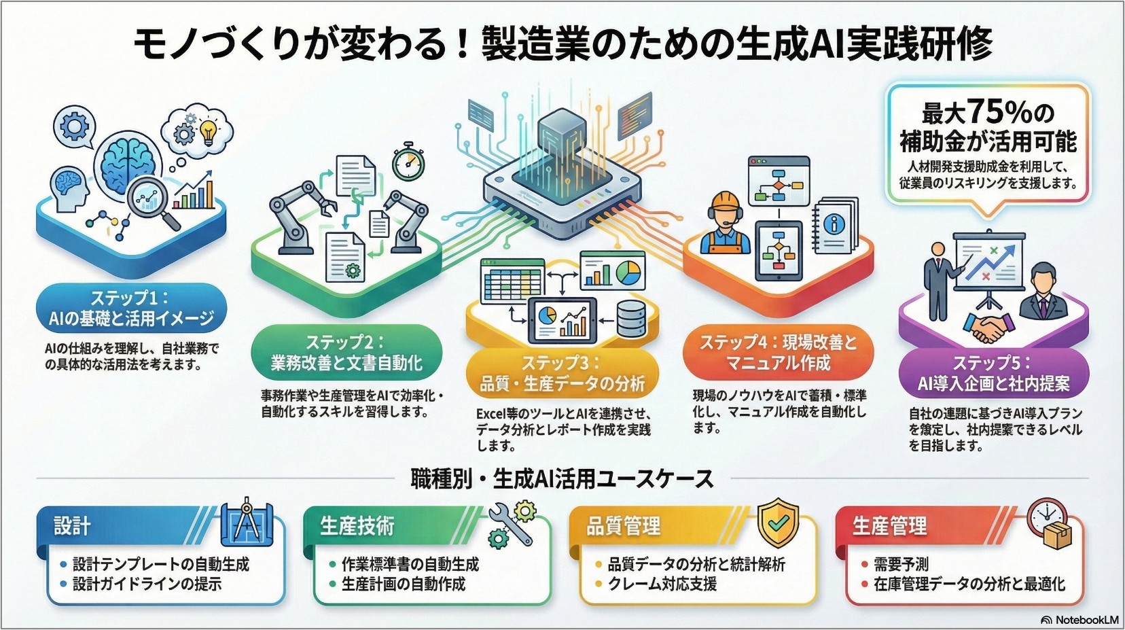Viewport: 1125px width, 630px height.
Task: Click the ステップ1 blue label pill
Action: [131, 308]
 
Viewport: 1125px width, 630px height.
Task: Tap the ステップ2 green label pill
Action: [346, 352]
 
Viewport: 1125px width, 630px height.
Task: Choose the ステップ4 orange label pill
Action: [779, 352]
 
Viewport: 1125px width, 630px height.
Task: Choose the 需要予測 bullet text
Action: [901, 565]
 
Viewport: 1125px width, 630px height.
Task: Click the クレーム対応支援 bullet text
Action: [662, 584]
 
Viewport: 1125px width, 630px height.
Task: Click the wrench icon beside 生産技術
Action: [510, 525]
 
